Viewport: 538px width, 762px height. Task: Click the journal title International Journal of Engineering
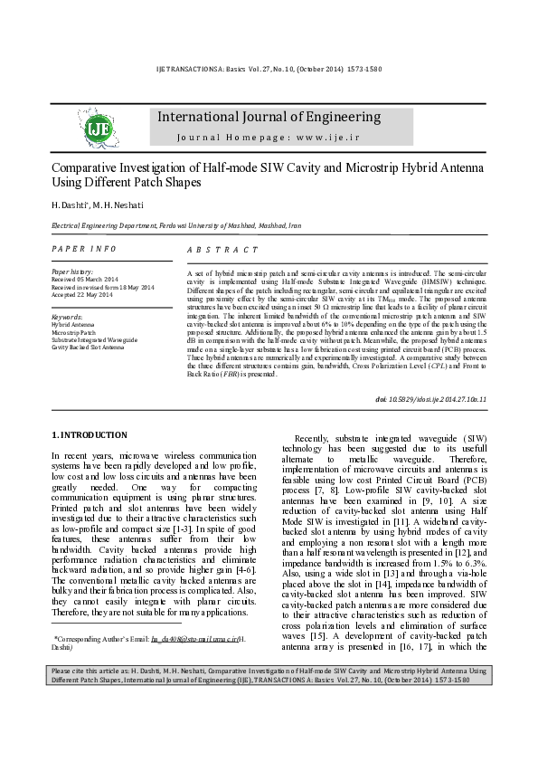pyautogui.click(x=269, y=117)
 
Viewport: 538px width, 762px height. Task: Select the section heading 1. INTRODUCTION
pyautogui.click(x=89, y=434)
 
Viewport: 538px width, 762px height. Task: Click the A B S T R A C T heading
pyautogui.click(x=222, y=249)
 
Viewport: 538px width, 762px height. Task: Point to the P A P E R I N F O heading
pyautogui.click(x=84, y=248)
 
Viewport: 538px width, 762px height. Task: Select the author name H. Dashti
pyautogui.click(x=67, y=205)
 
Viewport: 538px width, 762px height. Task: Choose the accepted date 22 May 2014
pyautogui.click(x=94, y=295)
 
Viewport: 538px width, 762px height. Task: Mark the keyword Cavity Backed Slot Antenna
pyautogui.click(x=89, y=347)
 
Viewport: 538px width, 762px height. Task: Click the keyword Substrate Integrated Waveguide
pyautogui.click(x=94, y=339)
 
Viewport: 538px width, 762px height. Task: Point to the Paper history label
pyautogui.click(x=73, y=271)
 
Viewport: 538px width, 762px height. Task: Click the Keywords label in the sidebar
pyautogui.click(x=67, y=318)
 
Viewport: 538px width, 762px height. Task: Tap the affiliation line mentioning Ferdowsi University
pyautogui.click(x=176, y=224)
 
